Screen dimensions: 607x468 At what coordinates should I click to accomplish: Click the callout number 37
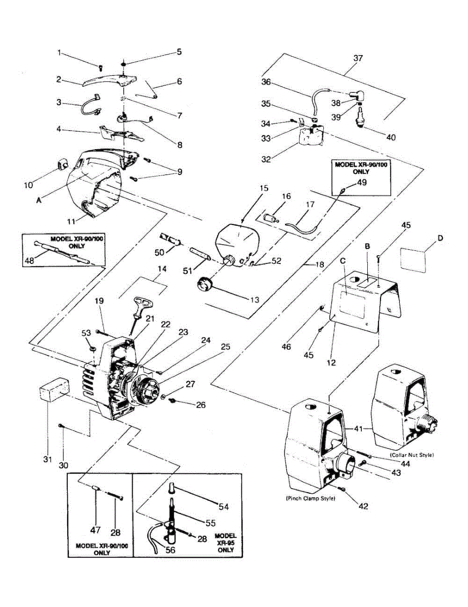pos(358,59)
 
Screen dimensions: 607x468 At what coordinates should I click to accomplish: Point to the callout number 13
pos(254,299)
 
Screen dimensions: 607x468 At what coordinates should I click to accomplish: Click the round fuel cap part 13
pos(206,284)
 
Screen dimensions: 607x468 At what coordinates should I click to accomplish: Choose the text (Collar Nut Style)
pos(412,455)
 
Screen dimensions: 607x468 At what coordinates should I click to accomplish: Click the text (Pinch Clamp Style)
pos(310,498)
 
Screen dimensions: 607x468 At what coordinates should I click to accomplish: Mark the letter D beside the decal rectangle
pos(439,237)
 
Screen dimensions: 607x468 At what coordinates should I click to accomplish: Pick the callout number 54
pos(223,505)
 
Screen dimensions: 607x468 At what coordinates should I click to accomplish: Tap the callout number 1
pos(59,52)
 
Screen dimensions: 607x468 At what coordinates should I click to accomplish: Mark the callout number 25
pos(225,347)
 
